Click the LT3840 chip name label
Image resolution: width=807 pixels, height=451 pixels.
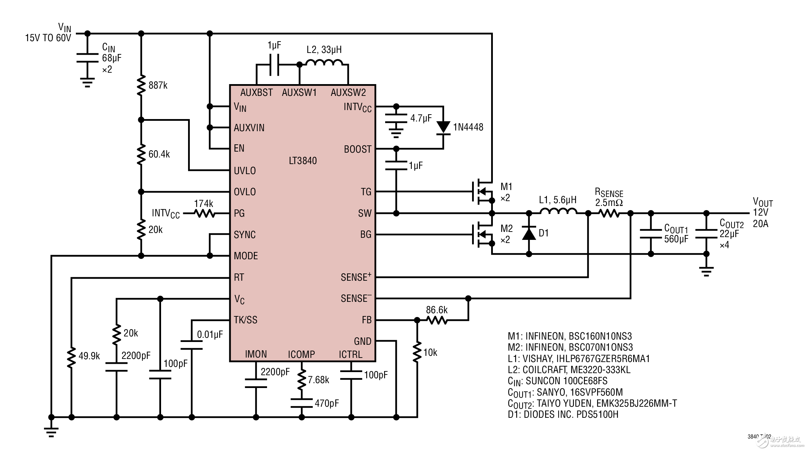(x=303, y=161)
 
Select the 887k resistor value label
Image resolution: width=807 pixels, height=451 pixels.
(x=158, y=85)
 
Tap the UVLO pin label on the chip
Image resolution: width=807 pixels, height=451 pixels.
(x=245, y=171)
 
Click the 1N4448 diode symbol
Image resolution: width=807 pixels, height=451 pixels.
(x=443, y=127)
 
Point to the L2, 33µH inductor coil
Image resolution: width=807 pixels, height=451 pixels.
(x=324, y=63)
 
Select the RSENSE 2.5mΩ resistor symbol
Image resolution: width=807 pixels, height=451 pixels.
(x=609, y=214)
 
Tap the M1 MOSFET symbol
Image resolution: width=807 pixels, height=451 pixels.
(x=483, y=191)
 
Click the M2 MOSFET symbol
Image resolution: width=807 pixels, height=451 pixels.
(x=483, y=234)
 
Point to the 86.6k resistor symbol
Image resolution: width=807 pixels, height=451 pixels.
(x=437, y=321)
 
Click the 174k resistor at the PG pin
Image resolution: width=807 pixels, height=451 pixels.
(x=205, y=214)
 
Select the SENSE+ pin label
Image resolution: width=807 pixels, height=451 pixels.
(x=356, y=277)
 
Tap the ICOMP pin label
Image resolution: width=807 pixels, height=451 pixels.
(x=301, y=354)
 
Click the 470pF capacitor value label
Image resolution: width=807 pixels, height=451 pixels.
(x=327, y=403)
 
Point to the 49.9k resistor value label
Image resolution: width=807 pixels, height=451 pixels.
(x=89, y=356)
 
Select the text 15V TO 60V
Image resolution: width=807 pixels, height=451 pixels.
(x=48, y=38)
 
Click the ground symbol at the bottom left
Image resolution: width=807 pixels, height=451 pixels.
(x=51, y=432)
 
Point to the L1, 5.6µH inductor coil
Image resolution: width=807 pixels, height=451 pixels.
(x=558, y=211)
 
